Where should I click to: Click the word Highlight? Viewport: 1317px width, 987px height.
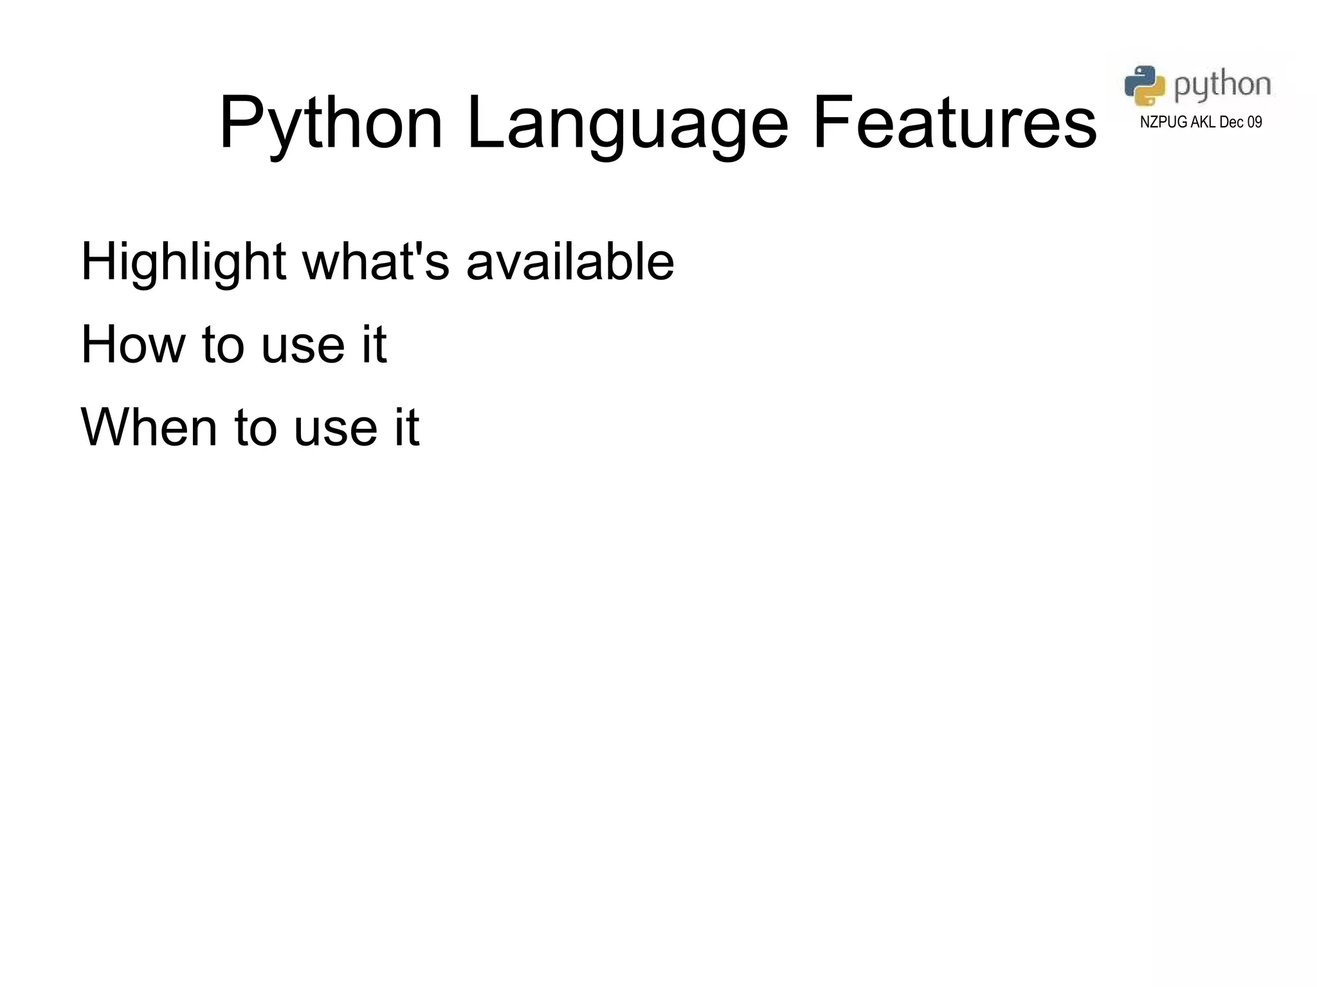click(x=183, y=262)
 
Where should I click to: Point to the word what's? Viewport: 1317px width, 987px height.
click(x=376, y=262)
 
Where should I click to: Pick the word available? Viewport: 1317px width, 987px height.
click(x=570, y=262)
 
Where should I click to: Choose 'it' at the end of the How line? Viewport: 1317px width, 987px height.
click(x=374, y=345)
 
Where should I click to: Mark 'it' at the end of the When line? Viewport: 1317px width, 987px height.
click(x=406, y=427)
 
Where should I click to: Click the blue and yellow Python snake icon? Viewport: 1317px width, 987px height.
click(x=1145, y=85)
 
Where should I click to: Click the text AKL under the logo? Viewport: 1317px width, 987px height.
click(x=1203, y=122)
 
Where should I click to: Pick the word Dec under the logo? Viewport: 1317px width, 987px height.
click(x=1231, y=122)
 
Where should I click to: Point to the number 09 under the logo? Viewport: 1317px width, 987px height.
click(x=1255, y=122)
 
